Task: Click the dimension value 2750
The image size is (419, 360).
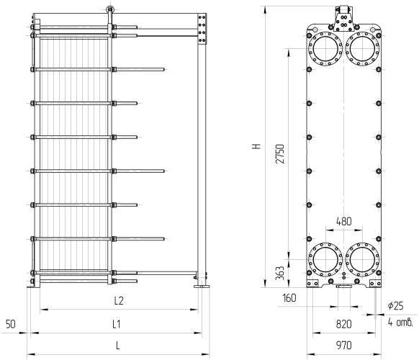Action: coord(281,153)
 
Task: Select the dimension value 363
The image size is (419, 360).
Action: coord(280,273)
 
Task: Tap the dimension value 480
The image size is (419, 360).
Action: coord(343,222)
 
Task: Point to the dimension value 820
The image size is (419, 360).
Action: coord(343,324)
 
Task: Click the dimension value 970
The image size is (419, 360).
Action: coord(343,346)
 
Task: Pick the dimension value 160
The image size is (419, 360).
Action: coord(289,298)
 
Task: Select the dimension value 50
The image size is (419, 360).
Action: coord(11,324)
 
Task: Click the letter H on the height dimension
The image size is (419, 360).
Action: coord(256,146)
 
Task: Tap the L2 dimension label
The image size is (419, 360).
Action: coord(119,301)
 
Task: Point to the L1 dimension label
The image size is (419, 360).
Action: coord(116,324)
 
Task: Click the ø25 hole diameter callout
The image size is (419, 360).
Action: coord(395,305)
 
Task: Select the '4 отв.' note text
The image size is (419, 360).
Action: coord(400,323)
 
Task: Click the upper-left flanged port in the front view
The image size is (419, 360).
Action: coord(325,49)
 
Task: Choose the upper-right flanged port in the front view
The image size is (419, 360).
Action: coord(363,49)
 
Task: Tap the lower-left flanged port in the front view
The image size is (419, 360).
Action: coord(325,259)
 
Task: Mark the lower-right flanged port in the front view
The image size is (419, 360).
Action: coord(363,259)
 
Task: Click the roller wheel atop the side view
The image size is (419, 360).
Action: coord(109,9)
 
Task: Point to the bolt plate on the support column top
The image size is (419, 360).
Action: coord(202,29)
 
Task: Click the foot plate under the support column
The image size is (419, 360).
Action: coord(202,287)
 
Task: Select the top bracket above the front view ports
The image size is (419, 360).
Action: coord(344,19)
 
